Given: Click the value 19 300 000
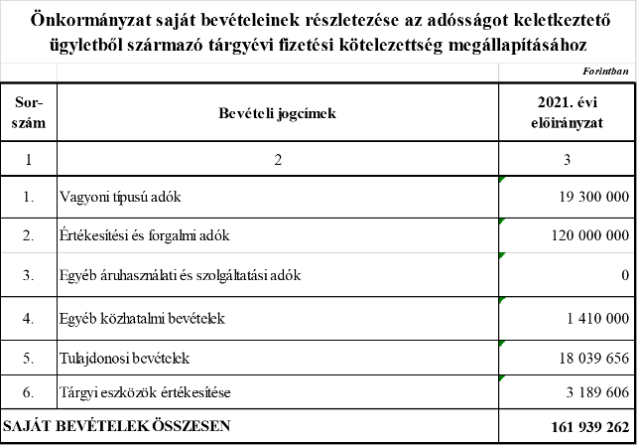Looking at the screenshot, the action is click(x=594, y=197).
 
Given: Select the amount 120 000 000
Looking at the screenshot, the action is click(x=590, y=235).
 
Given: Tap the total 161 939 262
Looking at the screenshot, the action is click(x=590, y=427).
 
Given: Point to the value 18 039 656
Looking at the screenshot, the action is click(x=594, y=358).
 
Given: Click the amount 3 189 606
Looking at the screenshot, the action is click(x=597, y=392).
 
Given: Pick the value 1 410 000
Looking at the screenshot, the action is click(x=598, y=318).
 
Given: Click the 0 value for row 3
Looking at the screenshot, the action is click(x=625, y=275).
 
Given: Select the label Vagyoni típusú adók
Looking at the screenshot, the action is click(x=120, y=198).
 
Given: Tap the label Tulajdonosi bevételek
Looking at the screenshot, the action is click(x=124, y=359).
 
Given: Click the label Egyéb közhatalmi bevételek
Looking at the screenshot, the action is click(x=142, y=319).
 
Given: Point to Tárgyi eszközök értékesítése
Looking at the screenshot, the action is click(x=145, y=392).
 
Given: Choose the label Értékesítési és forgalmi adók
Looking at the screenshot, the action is click(x=145, y=235).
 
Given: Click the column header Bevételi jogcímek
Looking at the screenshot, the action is click(x=278, y=113).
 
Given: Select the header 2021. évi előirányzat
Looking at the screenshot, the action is click(x=568, y=112).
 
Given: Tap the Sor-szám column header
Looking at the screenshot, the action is click(x=29, y=112).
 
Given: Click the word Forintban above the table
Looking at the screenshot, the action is click(x=605, y=72).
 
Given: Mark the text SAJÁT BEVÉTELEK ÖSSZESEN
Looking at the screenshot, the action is click(x=117, y=426).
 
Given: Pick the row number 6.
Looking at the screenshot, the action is click(x=28, y=392).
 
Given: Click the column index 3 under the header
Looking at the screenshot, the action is click(x=568, y=160).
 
